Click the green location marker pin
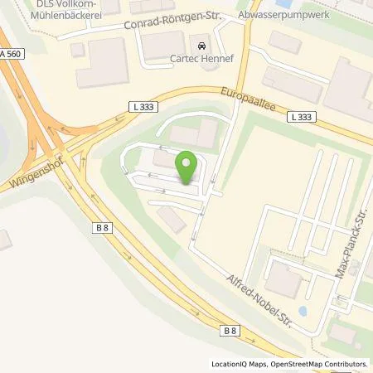(x=186, y=167)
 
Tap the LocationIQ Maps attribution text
(x=241, y=364)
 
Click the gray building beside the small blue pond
(x=284, y=283)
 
